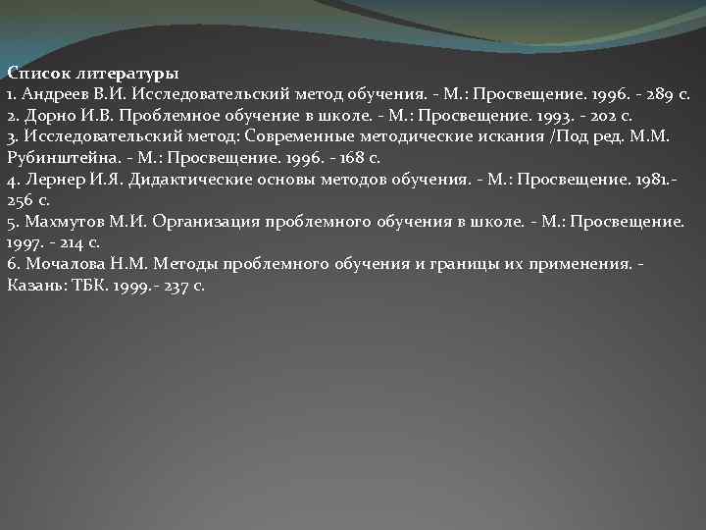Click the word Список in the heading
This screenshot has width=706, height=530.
pyautogui.click(x=32, y=73)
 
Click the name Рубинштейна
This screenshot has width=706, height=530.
pyautogui.click(x=59, y=159)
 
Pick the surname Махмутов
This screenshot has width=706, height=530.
pyautogui.click(x=59, y=223)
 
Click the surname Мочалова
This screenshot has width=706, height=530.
pyautogui.click(x=59, y=265)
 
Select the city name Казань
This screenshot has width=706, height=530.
pyautogui.click(x=33, y=287)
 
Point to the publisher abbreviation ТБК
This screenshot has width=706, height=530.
pyautogui.click(x=86, y=287)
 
